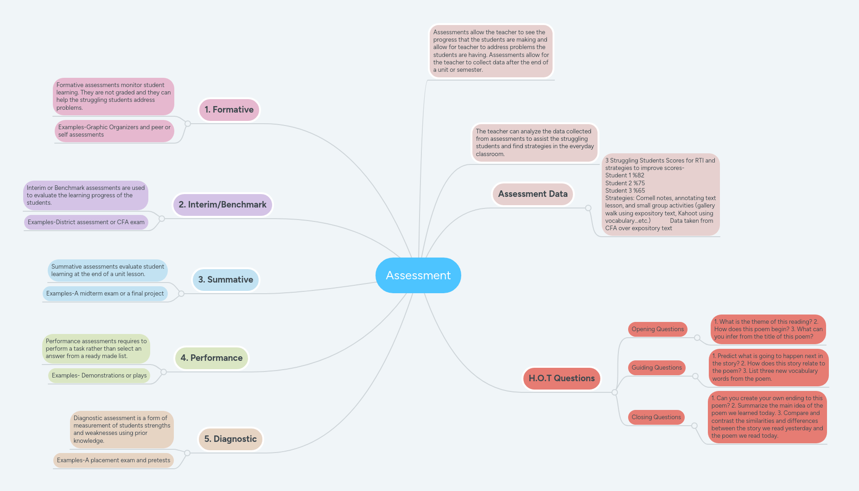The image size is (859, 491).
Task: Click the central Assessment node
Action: tap(418, 276)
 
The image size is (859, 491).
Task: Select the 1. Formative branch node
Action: tap(229, 110)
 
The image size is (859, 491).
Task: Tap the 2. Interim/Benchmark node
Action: tap(223, 205)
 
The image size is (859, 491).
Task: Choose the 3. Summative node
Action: tap(225, 280)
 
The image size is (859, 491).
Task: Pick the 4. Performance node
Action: tap(211, 358)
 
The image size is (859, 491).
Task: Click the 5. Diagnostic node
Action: tap(230, 439)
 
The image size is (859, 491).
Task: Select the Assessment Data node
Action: tap(533, 194)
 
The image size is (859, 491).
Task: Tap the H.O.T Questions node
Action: tap(561, 378)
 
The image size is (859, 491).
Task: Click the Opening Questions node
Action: tap(657, 329)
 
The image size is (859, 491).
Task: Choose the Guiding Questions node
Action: tap(656, 368)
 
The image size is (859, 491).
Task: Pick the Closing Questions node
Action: tap(656, 417)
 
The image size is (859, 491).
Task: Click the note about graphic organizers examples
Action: tap(114, 131)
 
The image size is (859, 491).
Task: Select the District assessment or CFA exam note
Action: tap(86, 222)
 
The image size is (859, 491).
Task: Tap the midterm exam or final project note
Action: tap(105, 294)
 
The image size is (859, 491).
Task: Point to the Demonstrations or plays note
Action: tap(99, 376)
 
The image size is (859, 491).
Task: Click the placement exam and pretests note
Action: tap(113, 460)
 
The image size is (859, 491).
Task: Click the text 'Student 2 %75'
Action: tap(625, 183)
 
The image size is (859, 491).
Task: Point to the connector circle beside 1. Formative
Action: tap(188, 124)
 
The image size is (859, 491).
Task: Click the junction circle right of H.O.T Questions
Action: tap(615, 392)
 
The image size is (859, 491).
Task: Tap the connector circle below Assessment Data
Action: tap(588, 208)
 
